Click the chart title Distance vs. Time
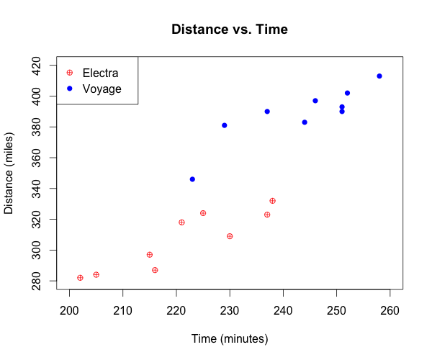[230, 30]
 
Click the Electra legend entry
[100, 73]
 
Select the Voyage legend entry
[102, 89]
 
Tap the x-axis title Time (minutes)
[230, 338]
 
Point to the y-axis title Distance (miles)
[9, 173]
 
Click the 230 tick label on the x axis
[230, 311]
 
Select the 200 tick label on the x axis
[70, 311]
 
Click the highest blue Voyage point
[379, 76]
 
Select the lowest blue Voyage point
[192, 179]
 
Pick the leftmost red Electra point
[80, 278]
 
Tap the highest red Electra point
[272, 201]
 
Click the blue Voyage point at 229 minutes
[225, 125]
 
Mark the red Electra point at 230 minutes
[230, 236]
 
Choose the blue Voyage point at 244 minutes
[305, 122]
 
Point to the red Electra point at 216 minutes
[155, 270]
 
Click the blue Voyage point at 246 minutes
[315, 101]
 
